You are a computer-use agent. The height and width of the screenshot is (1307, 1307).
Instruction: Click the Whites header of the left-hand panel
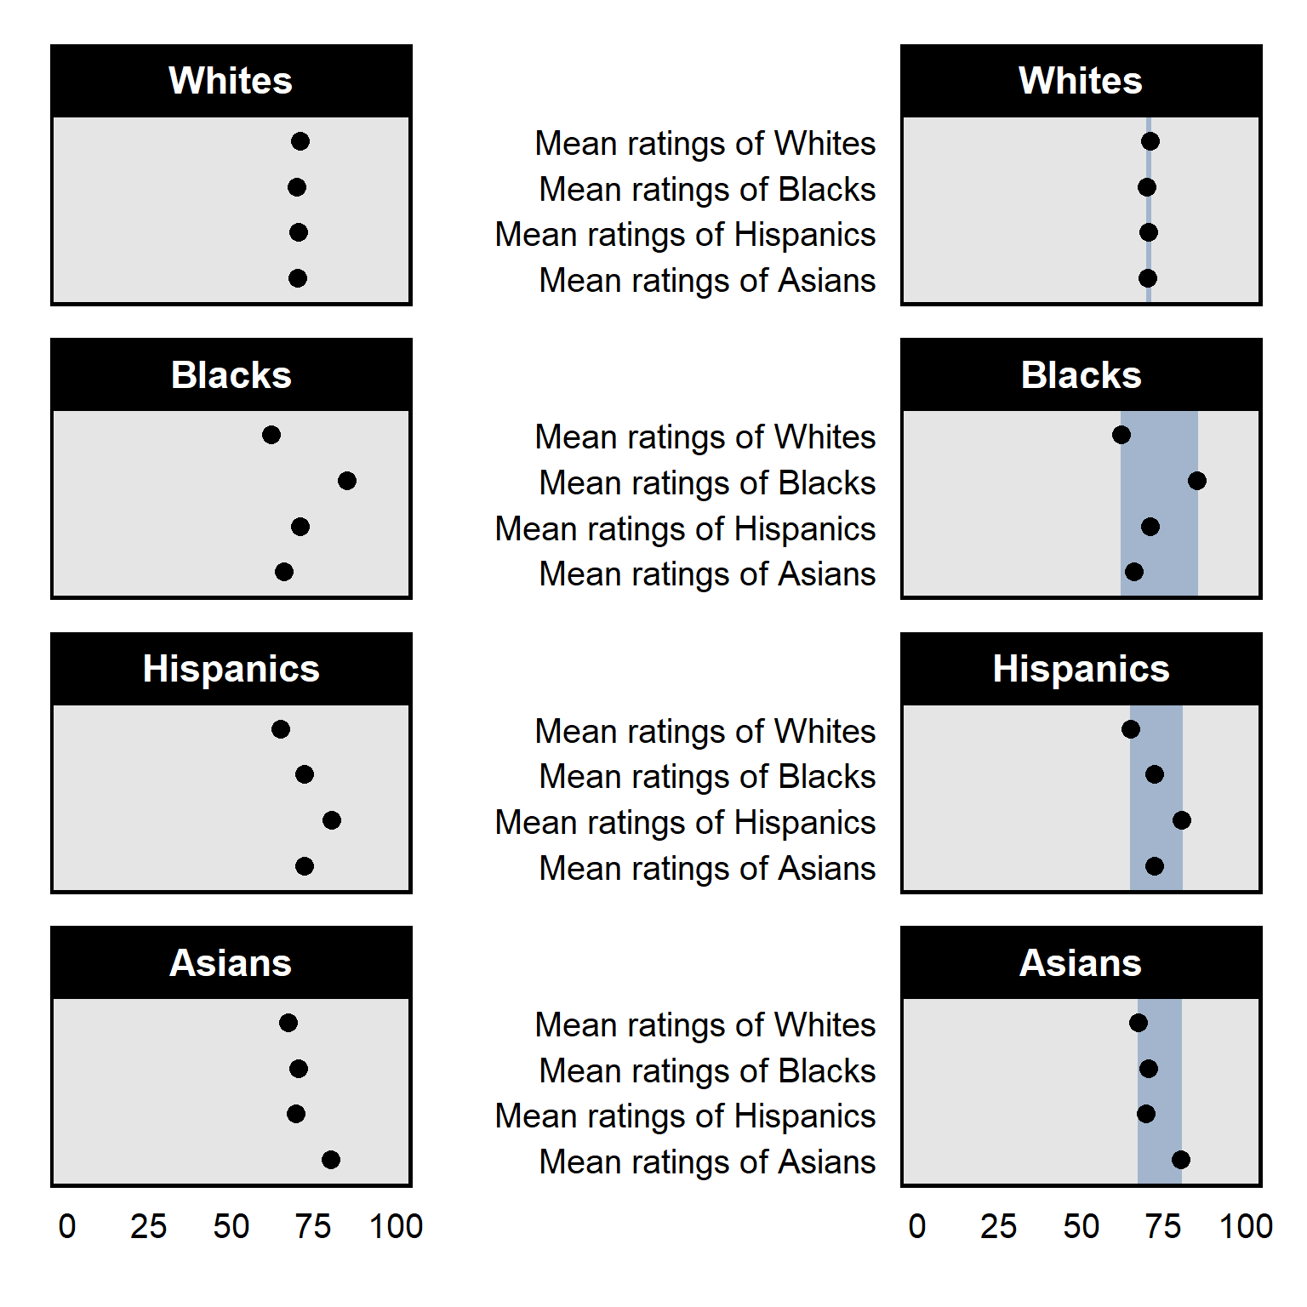[x=231, y=81]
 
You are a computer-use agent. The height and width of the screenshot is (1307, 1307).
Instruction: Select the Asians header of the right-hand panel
[x=1081, y=963]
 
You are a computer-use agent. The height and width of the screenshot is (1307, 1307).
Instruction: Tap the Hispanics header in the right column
[x=1081, y=669]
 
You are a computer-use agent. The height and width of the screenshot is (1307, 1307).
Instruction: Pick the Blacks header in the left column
[x=231, y=375]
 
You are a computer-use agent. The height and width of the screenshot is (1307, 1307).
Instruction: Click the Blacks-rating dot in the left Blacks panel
[x=346, y=482]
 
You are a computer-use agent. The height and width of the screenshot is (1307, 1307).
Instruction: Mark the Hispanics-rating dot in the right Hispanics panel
[x=1181, y=820]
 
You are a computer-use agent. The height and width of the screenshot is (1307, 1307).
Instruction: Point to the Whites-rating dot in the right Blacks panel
[x=1122, y=436]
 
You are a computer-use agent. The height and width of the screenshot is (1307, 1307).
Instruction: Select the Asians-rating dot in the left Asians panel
[x=331, y=1160]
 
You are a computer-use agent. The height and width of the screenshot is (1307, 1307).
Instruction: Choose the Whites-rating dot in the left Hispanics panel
[x=281, y=729]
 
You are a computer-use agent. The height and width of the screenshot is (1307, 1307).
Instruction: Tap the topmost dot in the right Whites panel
[x=1150, y=141]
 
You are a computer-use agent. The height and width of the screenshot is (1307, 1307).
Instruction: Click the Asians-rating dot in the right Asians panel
[x=1180, y=1160]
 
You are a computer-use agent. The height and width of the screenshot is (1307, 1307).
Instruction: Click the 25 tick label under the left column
[x=148, y=1227]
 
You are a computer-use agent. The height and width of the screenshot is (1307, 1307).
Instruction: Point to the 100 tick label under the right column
[x=1246, y=1227]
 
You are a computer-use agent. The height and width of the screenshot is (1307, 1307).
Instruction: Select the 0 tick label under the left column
[x=67, y=1227]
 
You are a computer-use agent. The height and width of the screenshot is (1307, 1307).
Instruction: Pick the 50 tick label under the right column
[x=1081, y=1227]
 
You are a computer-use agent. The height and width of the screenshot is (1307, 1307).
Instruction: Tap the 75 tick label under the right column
[x=1163, y=1227]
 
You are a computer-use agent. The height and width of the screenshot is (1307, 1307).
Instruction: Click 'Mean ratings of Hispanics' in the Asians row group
[x=685, y=1116]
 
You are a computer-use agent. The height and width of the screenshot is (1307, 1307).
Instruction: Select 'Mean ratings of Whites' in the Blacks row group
[x=705, y=437]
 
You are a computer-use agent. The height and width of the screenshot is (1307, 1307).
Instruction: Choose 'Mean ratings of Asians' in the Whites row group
[x=707, y=281]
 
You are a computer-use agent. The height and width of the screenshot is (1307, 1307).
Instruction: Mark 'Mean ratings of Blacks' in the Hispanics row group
[x=707, y=777]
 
